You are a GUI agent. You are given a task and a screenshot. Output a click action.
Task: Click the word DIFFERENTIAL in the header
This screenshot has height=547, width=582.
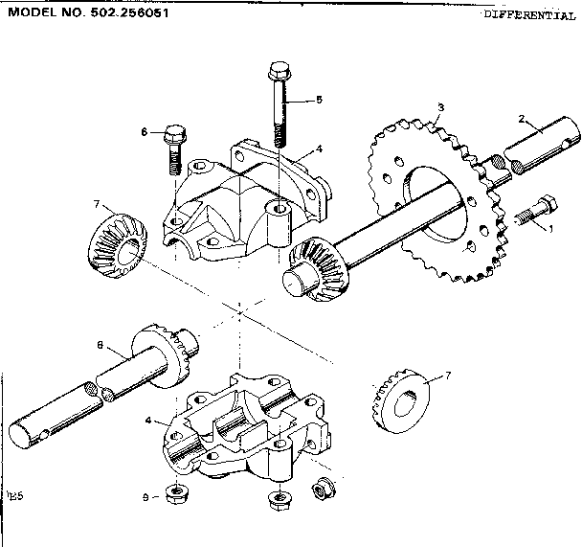point(528,15)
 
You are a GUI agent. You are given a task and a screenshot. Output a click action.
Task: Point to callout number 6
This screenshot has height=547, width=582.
point(145,131)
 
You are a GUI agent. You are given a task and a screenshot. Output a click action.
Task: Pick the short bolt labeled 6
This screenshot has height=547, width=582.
point(175,145)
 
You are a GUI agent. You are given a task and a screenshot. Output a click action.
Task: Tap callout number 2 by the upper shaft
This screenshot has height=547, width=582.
point(522,119)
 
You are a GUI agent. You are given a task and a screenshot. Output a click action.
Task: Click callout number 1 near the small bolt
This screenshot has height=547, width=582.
point(550,228)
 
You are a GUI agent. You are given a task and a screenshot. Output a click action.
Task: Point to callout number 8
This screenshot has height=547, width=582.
point(100,345)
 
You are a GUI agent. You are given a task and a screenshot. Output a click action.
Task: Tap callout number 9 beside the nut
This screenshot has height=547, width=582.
point(145,497)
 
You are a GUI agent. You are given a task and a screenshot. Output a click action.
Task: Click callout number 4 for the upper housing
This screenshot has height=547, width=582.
point(319,148)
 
